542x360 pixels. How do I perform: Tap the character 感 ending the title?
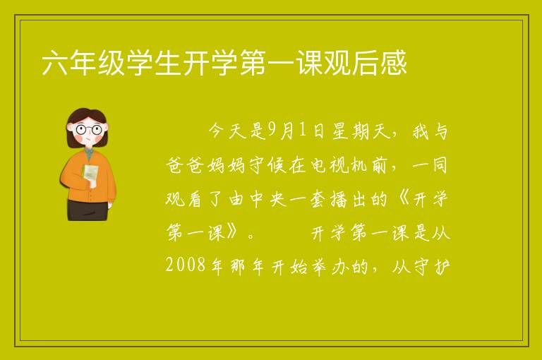pyautogui.click(x=394, y=63)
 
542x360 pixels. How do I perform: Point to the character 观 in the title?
pyautogui.click(x=337, y=63)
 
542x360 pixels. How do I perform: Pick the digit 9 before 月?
pyautogui.click(x=272, y=131)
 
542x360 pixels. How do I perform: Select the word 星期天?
pyautogui.click(x=361, y=131)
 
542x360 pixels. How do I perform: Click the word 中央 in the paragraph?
pyautogui.click(x=268, y=199)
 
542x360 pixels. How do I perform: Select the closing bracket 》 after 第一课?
pyautogui.click(x=232, y=233)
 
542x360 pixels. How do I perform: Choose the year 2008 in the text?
pyautogui.click(x=186, y=265)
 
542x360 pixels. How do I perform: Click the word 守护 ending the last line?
pyautogui.click(x=431, y=267)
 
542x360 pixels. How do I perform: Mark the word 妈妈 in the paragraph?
pyautogui.click(x=227, y=165)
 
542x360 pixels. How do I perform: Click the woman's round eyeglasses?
pyautogui.click(x=89, y=130)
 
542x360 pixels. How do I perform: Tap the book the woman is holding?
pyautogui.click(x=90, y=172)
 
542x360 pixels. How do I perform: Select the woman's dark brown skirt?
pyautogui.click(x=88, y=210)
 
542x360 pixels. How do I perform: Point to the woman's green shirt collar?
pyautogui.click(x=89, y=154)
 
